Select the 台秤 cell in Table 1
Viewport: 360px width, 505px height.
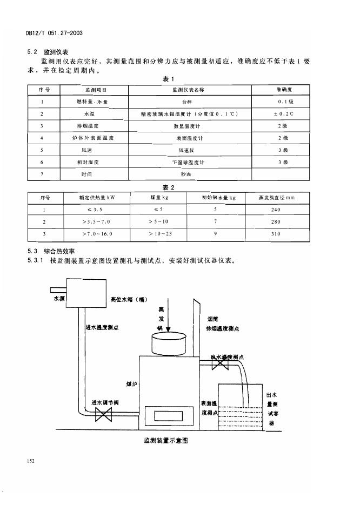(187, 101)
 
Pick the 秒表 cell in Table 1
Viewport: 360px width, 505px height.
(187, 174)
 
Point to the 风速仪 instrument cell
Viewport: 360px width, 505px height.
(187, 150)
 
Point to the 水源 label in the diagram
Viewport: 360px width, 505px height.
(59, 298)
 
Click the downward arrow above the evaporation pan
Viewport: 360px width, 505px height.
(168, 321)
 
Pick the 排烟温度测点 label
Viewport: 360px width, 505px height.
(222, 328)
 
